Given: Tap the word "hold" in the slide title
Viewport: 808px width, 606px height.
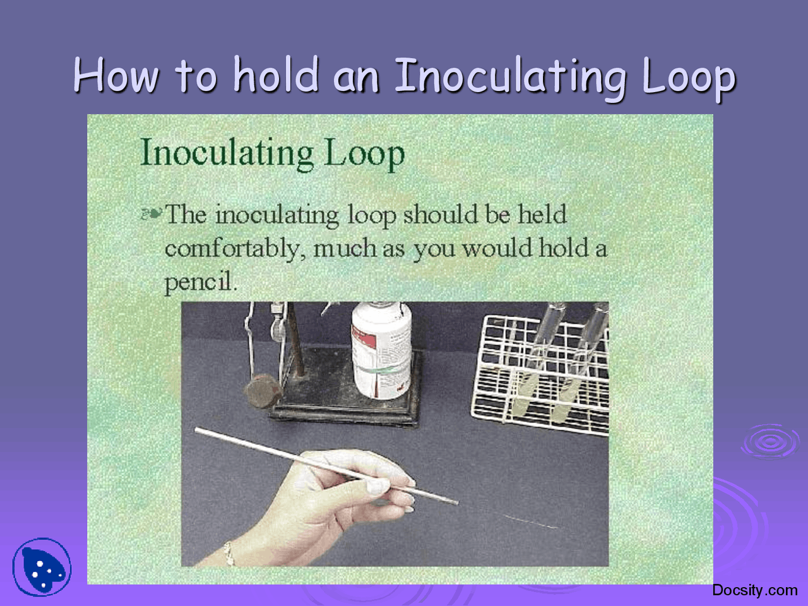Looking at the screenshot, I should coord(276,76).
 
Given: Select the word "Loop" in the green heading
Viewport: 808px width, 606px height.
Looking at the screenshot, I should coord(364,154).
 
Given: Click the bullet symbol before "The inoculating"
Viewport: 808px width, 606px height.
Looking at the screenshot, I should coord(151,215).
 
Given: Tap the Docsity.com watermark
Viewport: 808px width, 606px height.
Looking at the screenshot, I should coord(754,590).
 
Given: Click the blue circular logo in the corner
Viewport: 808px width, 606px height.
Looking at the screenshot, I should coord(42,567).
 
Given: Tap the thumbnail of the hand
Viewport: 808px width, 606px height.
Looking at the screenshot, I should coord(377,486).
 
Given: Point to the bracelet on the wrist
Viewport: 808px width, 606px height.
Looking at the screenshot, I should coord(229,554).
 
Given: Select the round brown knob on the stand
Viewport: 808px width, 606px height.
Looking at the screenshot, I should coord(261,393).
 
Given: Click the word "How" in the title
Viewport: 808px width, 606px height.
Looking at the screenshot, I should coord(116,76).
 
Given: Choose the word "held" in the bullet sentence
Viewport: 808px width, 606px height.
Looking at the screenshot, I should coord(542,215).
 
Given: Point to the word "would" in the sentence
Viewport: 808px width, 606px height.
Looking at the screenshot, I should coord(497,248).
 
